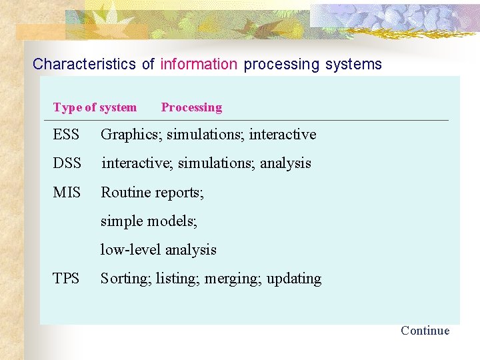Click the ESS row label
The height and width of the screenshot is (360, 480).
coord(66,135)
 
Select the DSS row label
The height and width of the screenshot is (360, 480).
coord(67,163)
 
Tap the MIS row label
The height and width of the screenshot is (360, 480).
coord(67,193)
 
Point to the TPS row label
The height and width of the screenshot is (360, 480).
coord(66,279)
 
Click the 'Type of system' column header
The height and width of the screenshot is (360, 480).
coord(95,107)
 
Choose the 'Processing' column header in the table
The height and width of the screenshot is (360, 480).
coord(191,107)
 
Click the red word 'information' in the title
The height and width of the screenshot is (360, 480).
coord(199,65)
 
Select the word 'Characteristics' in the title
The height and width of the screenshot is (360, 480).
coord(85,65)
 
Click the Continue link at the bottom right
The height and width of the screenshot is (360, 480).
coord(425,331)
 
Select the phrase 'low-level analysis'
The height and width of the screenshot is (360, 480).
coord(158,250)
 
